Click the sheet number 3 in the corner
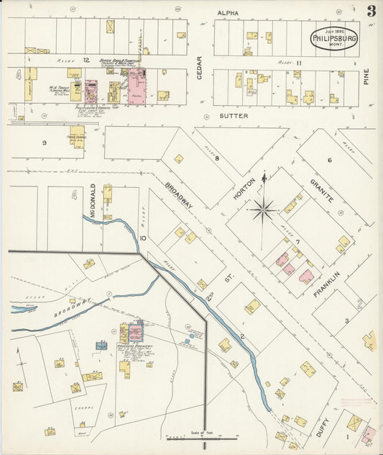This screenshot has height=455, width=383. [x=370, y=11]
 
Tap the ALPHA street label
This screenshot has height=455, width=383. [x=228, y=13]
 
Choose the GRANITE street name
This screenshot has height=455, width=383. [x=322, y=190]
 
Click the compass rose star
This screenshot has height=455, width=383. [x=263, y=210]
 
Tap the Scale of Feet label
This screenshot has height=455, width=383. [x=193, y=432]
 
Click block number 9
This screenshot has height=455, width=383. [x=44, y=143]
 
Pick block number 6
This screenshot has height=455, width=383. [x=330, y=160]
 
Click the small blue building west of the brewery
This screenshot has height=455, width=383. [x=101, y=346]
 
